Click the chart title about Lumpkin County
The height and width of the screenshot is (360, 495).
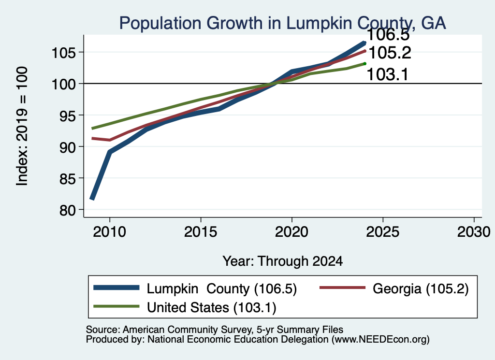(282, 23)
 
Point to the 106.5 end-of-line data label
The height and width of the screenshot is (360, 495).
(388, 35)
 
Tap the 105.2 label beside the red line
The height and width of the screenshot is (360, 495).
(390, 53)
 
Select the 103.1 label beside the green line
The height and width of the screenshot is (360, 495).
(387, 75)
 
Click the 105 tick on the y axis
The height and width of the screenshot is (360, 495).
(64, 52)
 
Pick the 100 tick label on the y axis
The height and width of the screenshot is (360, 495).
(64, 84)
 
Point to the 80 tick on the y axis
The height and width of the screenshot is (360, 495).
(68, 210)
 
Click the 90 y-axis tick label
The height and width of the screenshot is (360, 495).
(68, 147)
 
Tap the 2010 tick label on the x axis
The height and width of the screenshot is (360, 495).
(110, 232)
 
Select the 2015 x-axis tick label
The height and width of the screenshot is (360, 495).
(201, 232)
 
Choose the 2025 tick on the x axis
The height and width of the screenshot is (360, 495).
(383, 232)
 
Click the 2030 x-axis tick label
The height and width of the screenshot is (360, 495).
(474, 232)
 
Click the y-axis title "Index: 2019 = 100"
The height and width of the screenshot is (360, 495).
(22, 126)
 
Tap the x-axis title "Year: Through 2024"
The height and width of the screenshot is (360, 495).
(282, 261)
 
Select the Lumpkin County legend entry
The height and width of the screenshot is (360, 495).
(195, 288)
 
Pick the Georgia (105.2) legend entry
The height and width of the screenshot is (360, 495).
(394, 288)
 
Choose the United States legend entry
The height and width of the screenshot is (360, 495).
(185, 307)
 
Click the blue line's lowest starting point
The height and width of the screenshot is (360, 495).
(92, 199)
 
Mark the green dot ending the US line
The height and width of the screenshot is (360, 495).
(364, 64)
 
